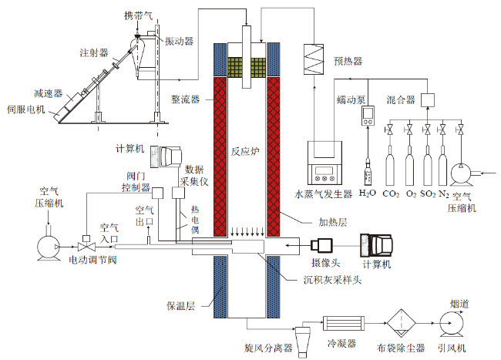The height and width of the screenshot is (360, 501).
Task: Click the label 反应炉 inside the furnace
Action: point(245,151)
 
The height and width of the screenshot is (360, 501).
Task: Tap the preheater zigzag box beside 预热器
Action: point(314,59)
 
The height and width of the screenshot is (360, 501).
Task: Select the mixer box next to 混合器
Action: point(428,100)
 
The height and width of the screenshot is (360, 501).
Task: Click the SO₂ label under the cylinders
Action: point(428,193)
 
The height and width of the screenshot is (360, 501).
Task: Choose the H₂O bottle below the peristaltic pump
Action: point(368,172)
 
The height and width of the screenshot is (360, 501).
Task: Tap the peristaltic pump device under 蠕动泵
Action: point(368,116)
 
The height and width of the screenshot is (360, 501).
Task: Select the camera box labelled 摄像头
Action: point(321,246)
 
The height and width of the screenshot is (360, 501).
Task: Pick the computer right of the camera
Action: point(376,245)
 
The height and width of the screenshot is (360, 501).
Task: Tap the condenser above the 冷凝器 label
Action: point(344,323)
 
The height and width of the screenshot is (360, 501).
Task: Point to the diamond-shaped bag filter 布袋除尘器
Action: point(402,323)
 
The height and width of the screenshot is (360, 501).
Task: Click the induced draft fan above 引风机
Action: point(451,324)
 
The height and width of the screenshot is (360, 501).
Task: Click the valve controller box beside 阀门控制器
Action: point(157,193)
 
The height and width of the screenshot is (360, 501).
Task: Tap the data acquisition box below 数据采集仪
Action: point(178,193)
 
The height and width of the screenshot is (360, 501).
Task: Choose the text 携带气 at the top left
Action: point(138,15)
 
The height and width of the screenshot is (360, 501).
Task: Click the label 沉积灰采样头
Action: point(332,280)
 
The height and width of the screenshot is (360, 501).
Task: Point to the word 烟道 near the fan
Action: point(459,304)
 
